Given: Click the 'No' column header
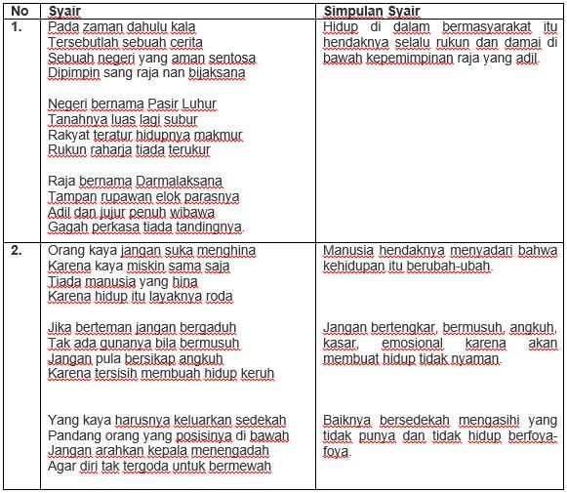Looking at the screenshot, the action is [18, 10].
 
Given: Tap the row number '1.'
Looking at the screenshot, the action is [17, 26].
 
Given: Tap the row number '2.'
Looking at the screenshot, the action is [17, 250].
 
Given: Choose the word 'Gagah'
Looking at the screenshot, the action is [68, 227].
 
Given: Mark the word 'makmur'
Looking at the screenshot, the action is [218, 135].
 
